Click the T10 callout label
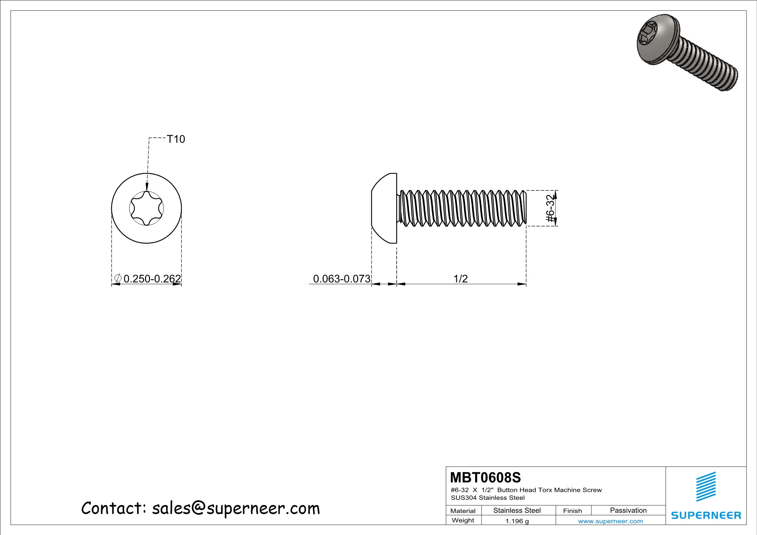tap(176, 139)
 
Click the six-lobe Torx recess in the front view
tap(146, 208)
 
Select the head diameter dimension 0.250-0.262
tap(152, 279)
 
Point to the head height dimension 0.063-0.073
tap(341, 279)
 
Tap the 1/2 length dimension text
tap(460, 279)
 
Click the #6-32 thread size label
tap(550, 208)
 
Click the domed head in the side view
tap(384, 208)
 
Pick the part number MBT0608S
tap(485, 478)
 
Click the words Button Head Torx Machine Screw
tap(549, 490)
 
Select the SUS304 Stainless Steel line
tap(488, 498)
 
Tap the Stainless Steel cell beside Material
tap(517, 510)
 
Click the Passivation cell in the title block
tap(628, 510)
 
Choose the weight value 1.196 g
tap(517, 521)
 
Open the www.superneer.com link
tap(610, 521)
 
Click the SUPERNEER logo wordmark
tap(706, 515)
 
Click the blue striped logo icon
tap(706, 486)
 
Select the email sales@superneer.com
tap(236, 508)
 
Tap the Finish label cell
tap(572, 511)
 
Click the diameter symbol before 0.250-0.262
tap(118, 278)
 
